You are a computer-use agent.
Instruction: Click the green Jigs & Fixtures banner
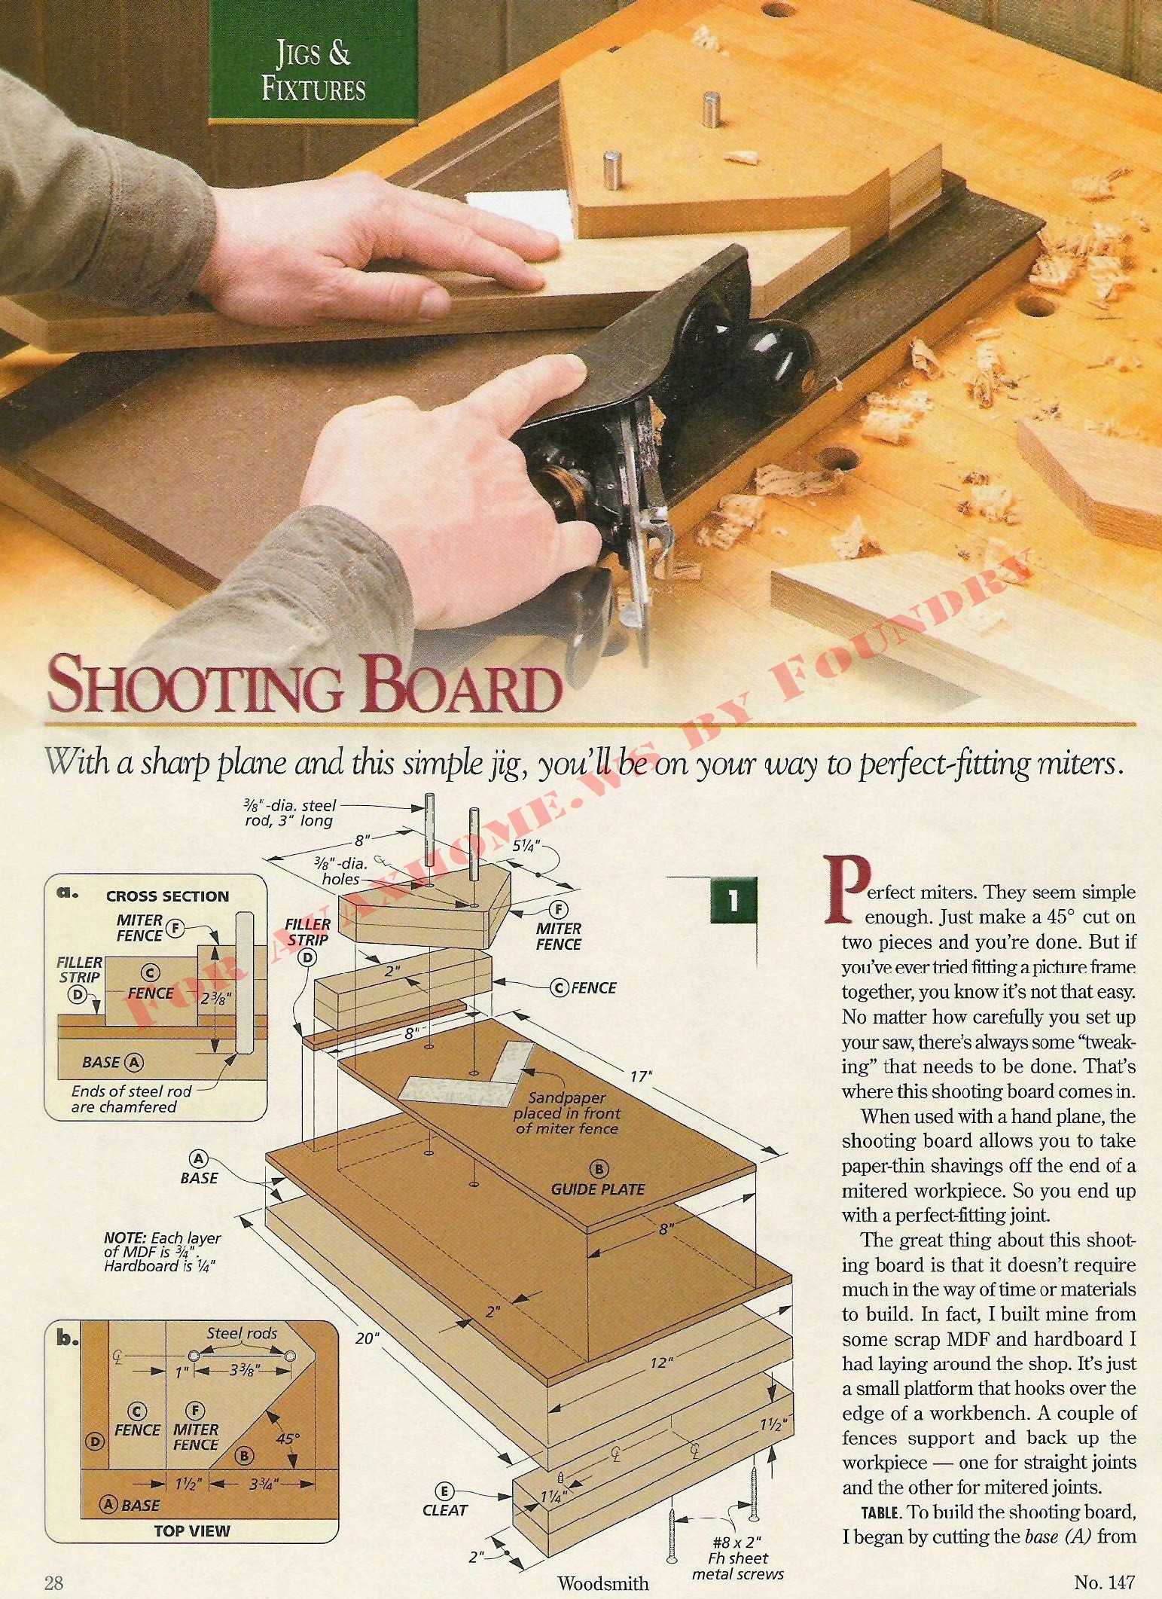pyautogui.click(x=313, y=61)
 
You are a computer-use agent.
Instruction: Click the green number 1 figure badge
pyautogui.click(x=732, y=902)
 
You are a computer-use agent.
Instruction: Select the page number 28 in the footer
pyautogui.click(x=53, y=1581)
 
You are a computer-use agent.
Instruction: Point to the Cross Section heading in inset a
pyautogui.click(x=167, y=896)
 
